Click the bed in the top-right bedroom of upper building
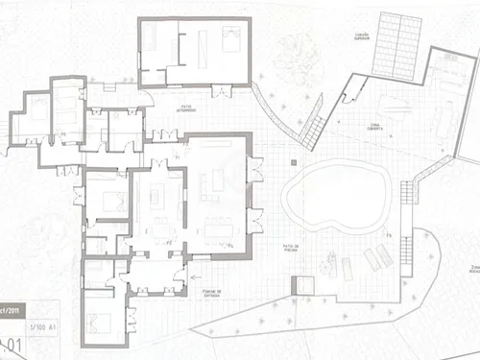click(x=230, y=39)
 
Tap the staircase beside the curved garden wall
click(x=313, y=131)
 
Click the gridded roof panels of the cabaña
click(x=396, y=45)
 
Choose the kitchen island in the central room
click(x=156, y=198)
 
